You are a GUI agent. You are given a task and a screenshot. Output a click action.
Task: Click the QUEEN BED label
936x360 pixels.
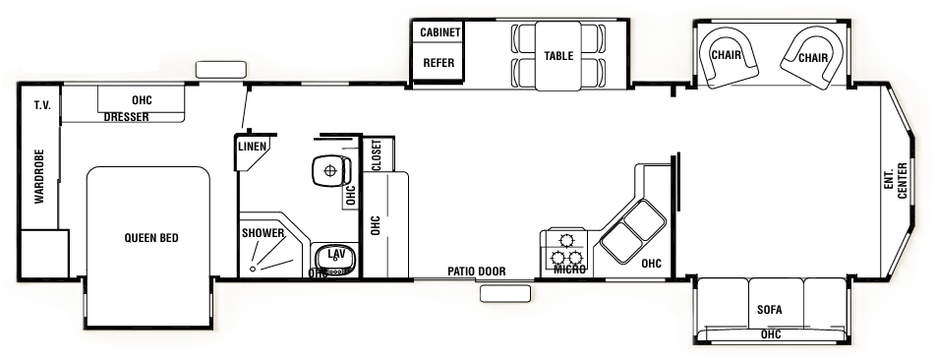(150, 238)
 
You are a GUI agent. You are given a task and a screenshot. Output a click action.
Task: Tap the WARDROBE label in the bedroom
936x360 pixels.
(40, 183)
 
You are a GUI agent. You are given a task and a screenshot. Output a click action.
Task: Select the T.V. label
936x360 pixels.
(41, 104)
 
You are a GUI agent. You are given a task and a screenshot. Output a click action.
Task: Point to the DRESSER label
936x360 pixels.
(126, 116)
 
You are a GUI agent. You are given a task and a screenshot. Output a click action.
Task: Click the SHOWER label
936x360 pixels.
(263, 233)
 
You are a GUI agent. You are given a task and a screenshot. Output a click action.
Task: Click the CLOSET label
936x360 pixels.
(377, 154)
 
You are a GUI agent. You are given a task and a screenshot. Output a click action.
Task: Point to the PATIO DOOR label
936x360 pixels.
(477, 270)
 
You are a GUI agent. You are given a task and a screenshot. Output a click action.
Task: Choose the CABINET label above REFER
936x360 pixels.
(440, 32)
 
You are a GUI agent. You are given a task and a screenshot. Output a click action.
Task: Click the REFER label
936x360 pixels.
(438, 63)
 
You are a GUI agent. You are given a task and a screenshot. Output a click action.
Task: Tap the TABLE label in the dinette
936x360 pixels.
(558, 56)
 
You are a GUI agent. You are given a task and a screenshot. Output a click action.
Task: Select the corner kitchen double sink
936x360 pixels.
(632, 231)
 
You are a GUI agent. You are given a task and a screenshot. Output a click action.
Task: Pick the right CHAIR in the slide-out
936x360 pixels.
(812, 57)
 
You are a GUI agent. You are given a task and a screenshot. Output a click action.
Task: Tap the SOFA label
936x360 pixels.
(770, 310)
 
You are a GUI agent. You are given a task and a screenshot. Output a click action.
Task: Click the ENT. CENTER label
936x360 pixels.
(895, 185)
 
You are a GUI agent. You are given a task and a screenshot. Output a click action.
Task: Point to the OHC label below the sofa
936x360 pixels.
(773, 334)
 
